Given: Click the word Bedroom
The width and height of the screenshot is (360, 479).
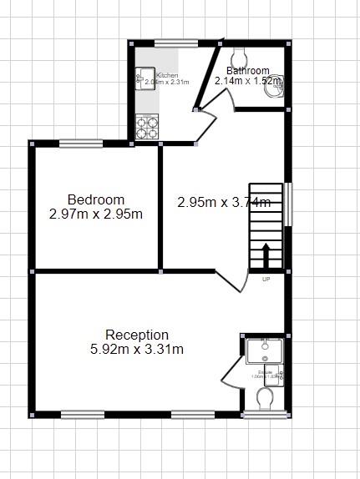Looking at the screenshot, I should (x=96, y=199).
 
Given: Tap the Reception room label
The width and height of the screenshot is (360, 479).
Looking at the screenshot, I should (x=137, y=335).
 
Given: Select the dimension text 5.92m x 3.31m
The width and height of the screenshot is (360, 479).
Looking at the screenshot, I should (x=137, y=350).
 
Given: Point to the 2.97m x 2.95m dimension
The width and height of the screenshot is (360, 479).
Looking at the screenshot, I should (x=96, y=214).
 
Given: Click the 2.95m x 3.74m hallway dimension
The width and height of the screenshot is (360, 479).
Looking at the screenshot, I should (x=223, y=201).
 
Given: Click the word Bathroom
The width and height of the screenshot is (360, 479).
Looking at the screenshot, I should (x=248, y=71).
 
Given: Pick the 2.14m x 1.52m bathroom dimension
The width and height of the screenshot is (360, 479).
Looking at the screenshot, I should (x=248, y=82).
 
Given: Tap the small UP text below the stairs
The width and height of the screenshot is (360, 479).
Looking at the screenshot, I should (x=266, y=279).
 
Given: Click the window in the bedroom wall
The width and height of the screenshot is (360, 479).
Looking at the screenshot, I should (x=80, y=142).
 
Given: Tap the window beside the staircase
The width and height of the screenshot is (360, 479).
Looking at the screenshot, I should (x=289, y=204).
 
